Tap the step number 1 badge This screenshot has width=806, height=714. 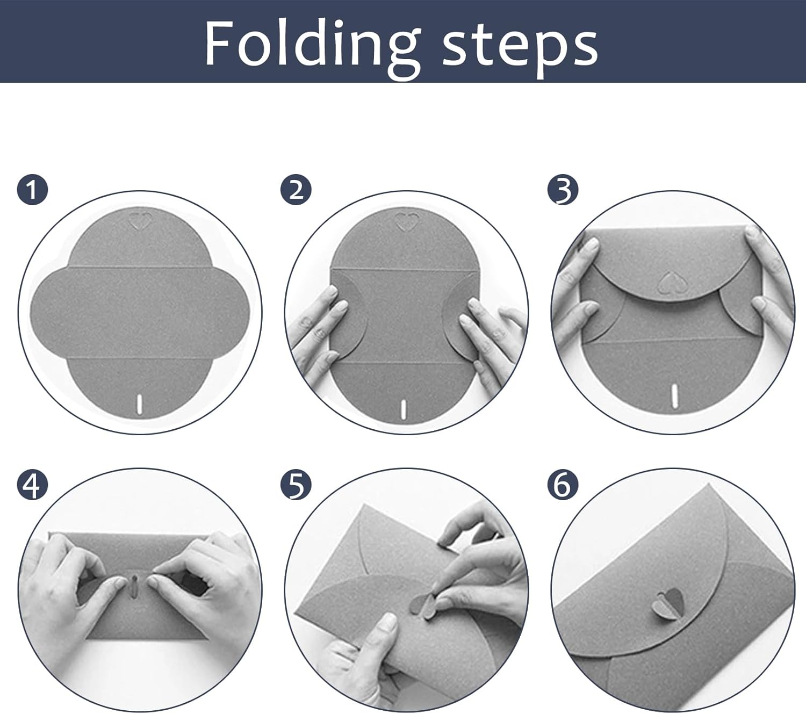(x=32, y=189)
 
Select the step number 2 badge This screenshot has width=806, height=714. (x=296, y=189)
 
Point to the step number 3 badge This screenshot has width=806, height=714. (x=563, y=189)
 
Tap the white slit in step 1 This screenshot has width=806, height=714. (x=139, y=403)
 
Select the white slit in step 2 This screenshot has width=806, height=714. (x=404, y=410)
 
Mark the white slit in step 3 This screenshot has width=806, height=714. (x=674, y=396)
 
